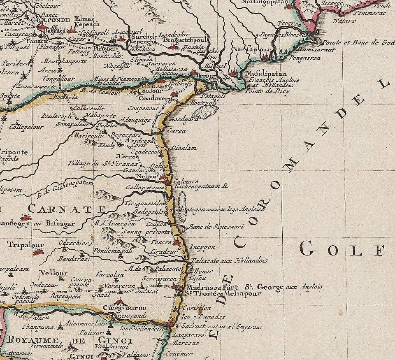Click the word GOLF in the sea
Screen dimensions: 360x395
point(342,248)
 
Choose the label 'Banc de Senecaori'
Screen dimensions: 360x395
point(216,226)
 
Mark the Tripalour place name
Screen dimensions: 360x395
point(25,244)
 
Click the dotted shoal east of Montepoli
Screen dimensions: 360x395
point(206,111)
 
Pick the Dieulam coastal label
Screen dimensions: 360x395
point(184,148)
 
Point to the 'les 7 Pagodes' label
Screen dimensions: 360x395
point(203,317)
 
